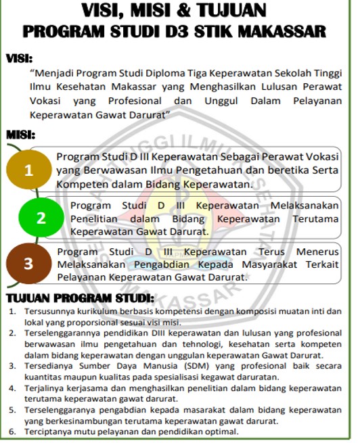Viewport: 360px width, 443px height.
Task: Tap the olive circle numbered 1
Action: [x=28, y=171]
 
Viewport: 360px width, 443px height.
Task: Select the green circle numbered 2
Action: [x=41, y=218]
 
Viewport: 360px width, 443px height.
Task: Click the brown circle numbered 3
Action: [x=28, y=264]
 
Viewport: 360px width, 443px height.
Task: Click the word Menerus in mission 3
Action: [x=317, y=252]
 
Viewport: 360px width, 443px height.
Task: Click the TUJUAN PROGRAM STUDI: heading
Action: [x=79, y=298]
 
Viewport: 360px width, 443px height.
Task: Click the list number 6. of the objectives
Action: [x=12, y=431]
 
